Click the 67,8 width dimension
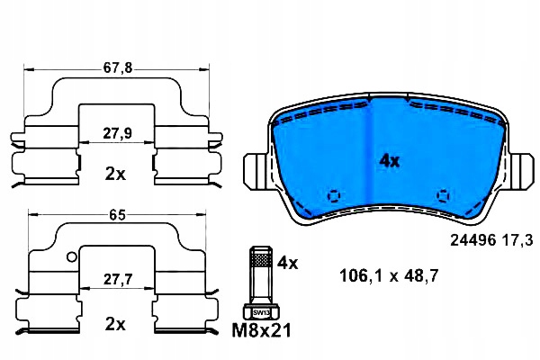(117, 67)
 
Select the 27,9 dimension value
(117, 133)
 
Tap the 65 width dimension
(117, 215)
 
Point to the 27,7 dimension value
(118, 279)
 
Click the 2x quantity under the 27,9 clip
(115, 175)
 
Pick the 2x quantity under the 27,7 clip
(115, 324)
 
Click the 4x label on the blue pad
(389, 161)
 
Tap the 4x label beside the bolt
(288, 263)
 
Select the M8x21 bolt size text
(261, 330)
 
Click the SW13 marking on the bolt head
(261, 313)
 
